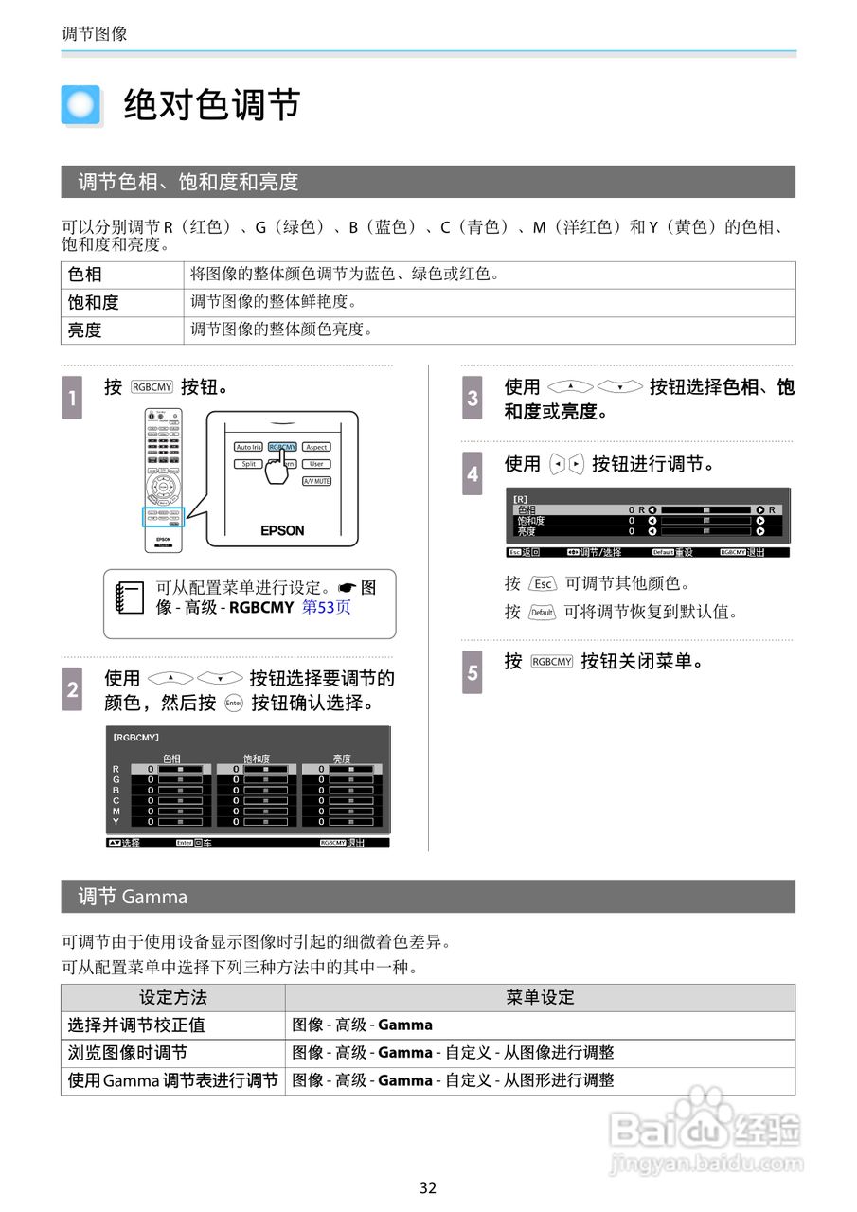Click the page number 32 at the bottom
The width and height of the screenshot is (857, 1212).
pyautogui.click(x=428, y=1188)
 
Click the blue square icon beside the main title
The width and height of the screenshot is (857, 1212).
pyautogui.click(x=80, y=105)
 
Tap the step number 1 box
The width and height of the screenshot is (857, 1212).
pyautogui.click(x=73, y=398)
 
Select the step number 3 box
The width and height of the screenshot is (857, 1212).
pyautogui.click(x=473, y=398)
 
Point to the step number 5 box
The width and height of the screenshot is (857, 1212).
pyautogui.click(x=473, y=671)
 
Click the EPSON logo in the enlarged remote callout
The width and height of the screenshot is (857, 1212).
pyautogui.click(x=282, y=530)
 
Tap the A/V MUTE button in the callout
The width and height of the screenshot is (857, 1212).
pyautogui.click(x=316, y=482)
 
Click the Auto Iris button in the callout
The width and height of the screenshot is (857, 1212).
pyautogui.click(x=248, y=447)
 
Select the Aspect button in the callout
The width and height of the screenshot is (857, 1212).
pyautogui.click(x=316, y=447)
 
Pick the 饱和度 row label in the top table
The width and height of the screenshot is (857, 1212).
pyautogui.click(x=93, y=303)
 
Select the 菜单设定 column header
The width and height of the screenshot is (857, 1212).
pyautogui.click(x=540, y=997)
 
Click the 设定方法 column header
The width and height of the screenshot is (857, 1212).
pyautogui.click(x=172, y=997)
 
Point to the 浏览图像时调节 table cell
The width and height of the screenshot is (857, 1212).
pyautogui.click(x=128, y=1053)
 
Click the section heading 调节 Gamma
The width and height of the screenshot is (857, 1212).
pyautogui.click(x=133, y=897)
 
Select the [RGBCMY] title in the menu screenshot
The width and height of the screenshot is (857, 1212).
pyautogui.click(x=136, y=737)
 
